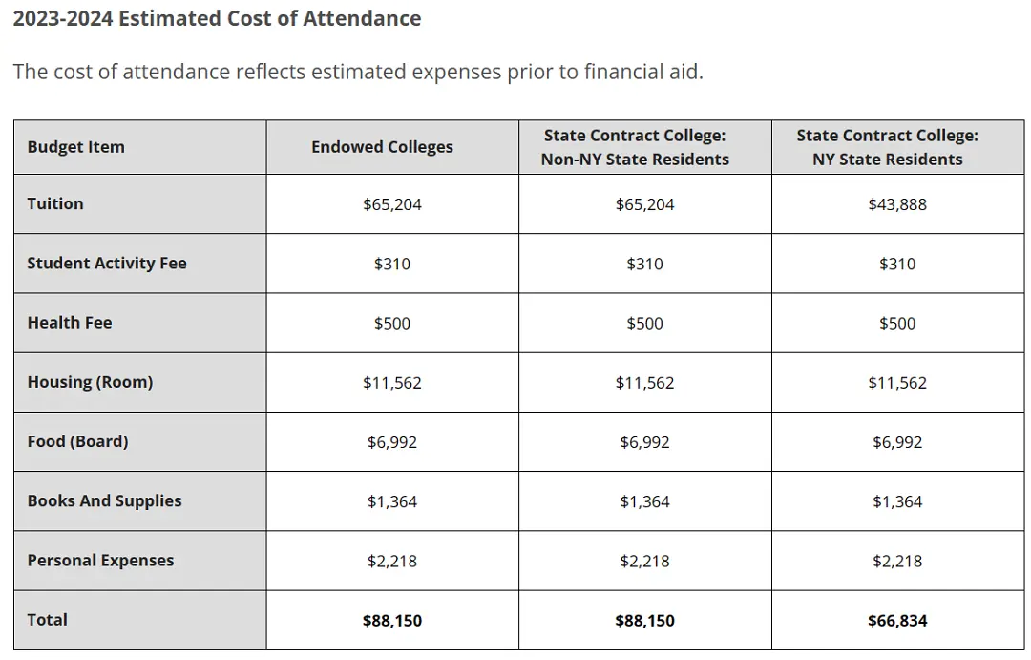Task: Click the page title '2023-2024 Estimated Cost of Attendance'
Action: [x=217, y=18]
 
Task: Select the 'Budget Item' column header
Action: [x=75, y=147]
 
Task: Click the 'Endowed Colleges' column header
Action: [x=382, y=147]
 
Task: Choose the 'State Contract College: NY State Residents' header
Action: [x=888, y=147]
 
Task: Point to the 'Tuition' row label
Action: [x=55, y=204]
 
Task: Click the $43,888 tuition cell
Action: [x=897, y=204]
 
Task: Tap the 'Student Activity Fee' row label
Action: [x=107, y=264]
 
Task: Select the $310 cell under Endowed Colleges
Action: [x=392, y=264]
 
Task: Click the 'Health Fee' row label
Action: [x=70, y=323]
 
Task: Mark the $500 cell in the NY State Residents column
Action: [x=897, y=323]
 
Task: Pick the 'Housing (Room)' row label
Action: [x=90, y=382]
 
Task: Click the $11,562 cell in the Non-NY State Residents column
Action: [x=645, y=383]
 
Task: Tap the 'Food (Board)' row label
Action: [x=77, y=441]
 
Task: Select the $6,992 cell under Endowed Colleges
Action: [x=392, y=442]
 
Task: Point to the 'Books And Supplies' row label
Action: [x=105, y=500]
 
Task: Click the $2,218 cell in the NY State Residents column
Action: [x=897, y=562]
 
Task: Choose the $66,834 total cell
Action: [x=897, y=621]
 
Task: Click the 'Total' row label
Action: [x=48, y=620]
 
